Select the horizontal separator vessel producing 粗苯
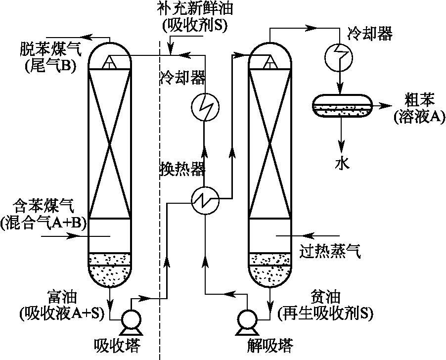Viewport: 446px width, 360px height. pos(342,106)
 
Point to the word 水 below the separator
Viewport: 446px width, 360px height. pos(342,164)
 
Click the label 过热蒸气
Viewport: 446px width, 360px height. pos(330,252)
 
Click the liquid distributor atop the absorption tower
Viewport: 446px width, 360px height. pos(109,62)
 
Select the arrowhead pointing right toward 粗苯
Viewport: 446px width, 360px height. pos(383,105)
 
